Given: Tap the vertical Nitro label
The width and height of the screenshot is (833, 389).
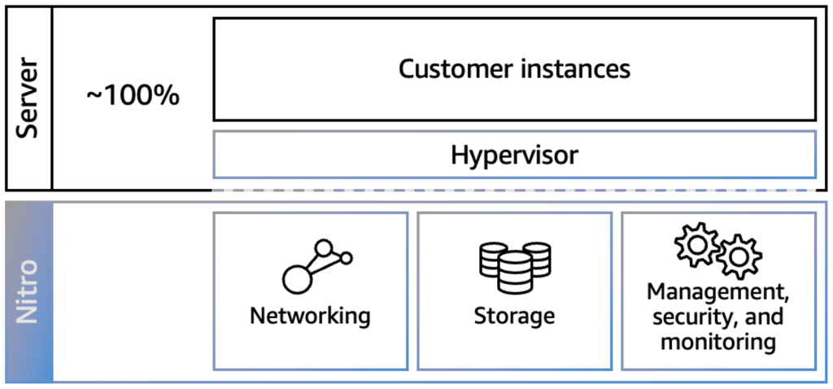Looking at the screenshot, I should pyautogui.click(x=28, y=291).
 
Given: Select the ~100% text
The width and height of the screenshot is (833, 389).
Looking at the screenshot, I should pyautogui.click(x=133, y=96).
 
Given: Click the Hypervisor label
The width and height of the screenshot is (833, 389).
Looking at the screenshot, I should pyautogui.click(x=514, y=155).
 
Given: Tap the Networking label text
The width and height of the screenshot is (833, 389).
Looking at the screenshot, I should pyautogui.click(x=310, y=316).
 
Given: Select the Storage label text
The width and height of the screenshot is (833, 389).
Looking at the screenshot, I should pyautogui.click(x=514, y=316).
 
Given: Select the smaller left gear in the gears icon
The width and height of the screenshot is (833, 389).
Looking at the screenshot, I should pyautogui.click(x=696, y=244).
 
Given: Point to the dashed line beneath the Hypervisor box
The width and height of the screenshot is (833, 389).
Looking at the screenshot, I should pyautogui.click(x=514, y=190).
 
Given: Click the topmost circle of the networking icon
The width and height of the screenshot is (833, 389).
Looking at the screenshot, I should pyautogui.click(x=325, y=247).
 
